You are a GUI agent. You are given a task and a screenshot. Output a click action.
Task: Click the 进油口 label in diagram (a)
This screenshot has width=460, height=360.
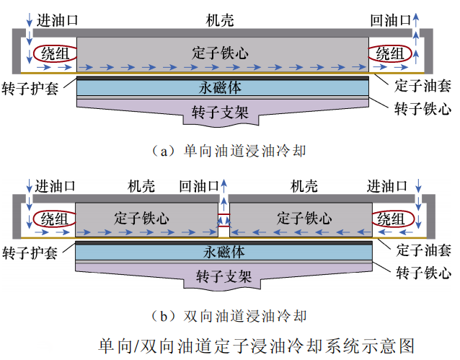point(58,20)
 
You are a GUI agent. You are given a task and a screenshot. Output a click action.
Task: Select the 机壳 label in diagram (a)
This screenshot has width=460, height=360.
point(220,20)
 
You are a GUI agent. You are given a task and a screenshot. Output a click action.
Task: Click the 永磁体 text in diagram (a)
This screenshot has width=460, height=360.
point(220,87)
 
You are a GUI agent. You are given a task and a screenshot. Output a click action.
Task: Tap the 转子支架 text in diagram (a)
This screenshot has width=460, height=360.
point(220,113)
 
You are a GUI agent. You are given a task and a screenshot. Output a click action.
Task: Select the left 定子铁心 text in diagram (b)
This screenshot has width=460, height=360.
point(141,217)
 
